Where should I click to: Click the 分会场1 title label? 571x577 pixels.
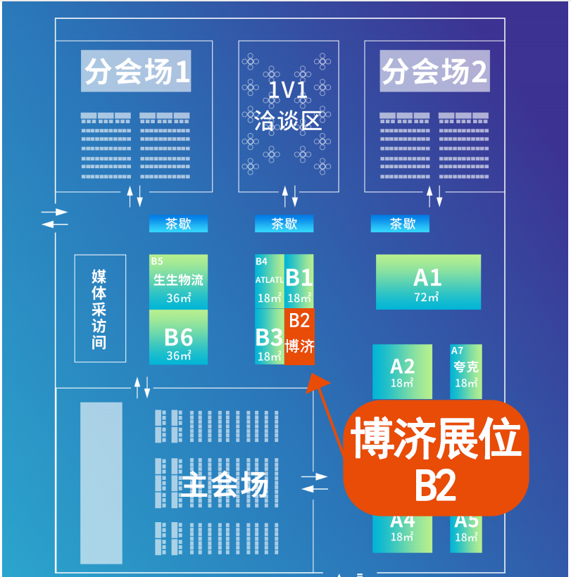[x=136, y=72]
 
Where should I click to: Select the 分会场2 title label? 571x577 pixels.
[x=434, y=72]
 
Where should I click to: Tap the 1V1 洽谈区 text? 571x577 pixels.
[x=284, y=106]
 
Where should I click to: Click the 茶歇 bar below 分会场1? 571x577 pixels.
[x=178, y=224]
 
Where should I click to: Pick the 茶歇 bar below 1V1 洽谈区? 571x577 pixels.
[x=284, y=224]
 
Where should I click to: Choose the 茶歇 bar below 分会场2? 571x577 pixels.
[x=400, y=224]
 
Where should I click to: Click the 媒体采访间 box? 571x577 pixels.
[x=100, y=308]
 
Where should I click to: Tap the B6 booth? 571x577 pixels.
[x=178, y=337]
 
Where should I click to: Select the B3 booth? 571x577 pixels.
[x=269, y=337]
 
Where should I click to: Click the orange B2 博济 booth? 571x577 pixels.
[x=299, y=336]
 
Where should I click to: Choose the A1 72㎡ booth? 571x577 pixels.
[x=428, y=281]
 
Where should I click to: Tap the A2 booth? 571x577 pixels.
[x=402, y=372]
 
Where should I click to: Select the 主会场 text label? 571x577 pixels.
[x=225, y=485]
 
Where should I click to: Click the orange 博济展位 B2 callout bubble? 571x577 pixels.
[x=436, y=457]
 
